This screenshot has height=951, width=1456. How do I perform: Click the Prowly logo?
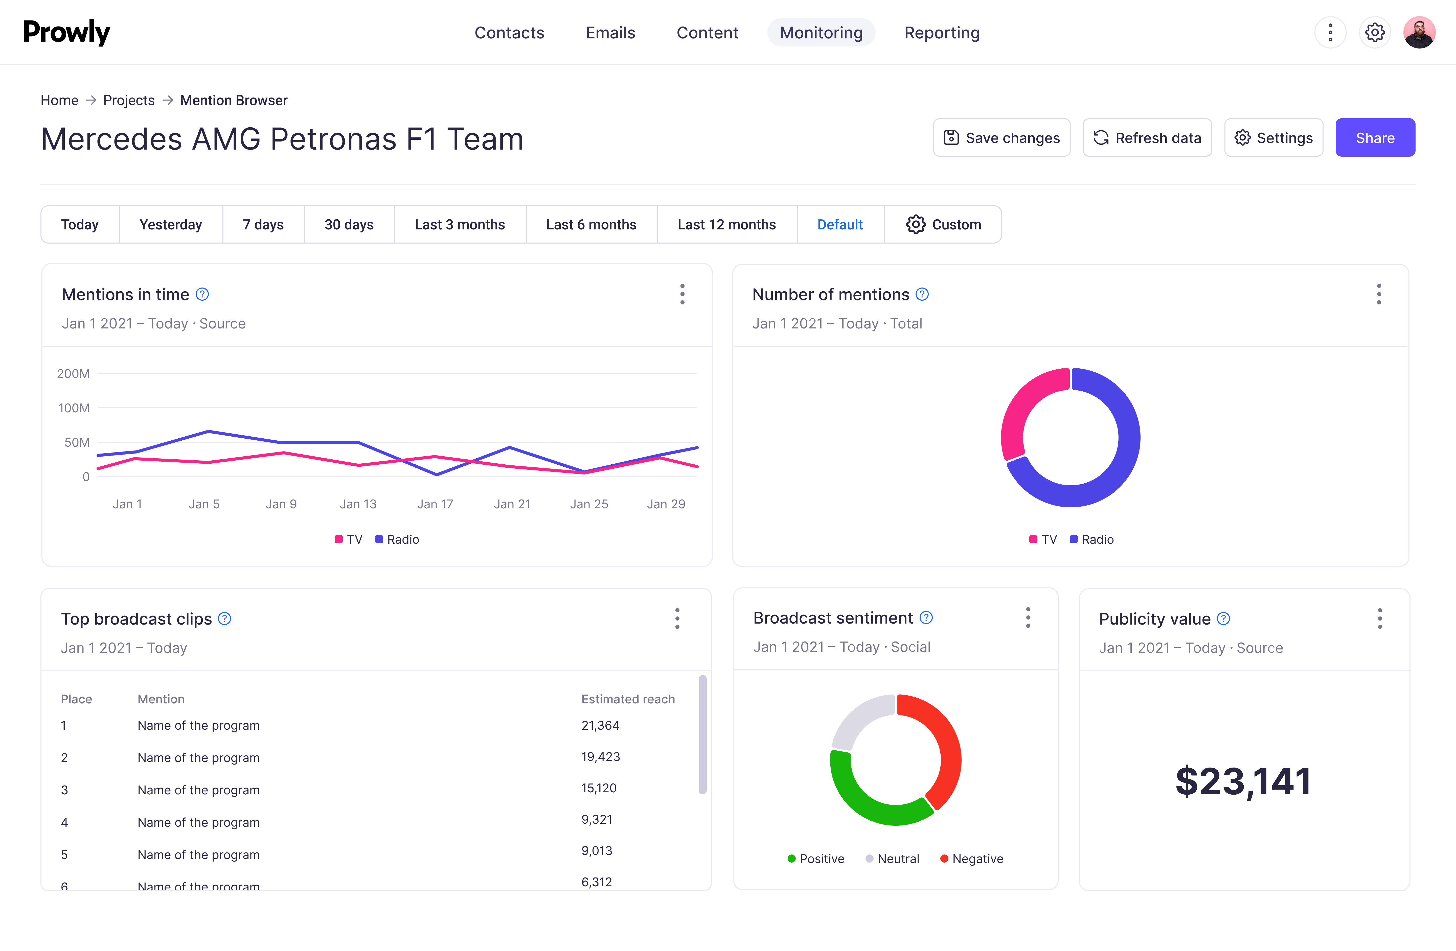(x=67, y=32)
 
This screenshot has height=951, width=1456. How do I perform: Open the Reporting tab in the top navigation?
(x=942, y=32)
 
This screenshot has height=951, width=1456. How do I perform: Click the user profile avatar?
(x=1419, y=32)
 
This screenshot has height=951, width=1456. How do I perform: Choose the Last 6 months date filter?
(x=591, y=224)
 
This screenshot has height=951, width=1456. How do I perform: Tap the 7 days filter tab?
(x=263, y=224)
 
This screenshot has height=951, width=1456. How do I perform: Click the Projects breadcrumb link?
(x=128, y=100)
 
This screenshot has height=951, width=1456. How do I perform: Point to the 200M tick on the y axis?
(x=73, y=374)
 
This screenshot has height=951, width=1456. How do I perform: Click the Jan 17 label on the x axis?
(x=435, y=504)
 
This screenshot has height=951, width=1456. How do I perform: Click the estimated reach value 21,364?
(x=600, y=725)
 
